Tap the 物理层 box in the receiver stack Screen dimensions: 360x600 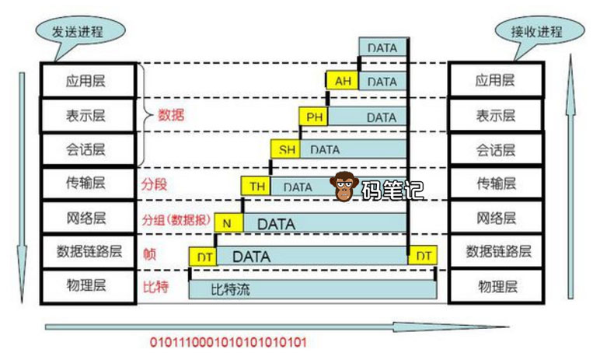pyautogui.click(x=498, y=286)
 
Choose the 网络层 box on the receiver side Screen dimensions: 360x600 pyautogui.click(x=498, y=217)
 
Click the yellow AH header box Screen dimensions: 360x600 pyautogui.click(x=344, y=81)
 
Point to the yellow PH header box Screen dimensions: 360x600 pyautogui.click(x=314, y=117)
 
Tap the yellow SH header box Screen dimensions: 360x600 pyautogui.click(x=285, y=150)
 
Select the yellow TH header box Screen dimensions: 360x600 pyautogui.click(x=256, y=187)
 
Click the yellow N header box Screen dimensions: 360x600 pyautogui.click(x=227, y=223)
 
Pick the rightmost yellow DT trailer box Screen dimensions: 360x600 pyautogui.click(x=424, y=255)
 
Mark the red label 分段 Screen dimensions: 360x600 pyautogui.click(x=155, y=186)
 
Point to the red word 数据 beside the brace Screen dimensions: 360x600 pyautogui.click(x=173, y=115)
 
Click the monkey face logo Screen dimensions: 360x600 pyautogui.click(x=344, y=186)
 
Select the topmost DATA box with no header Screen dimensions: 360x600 pyautogui.click(x=383, y=47)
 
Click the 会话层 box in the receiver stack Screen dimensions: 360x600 pyautogui.click(x=498, y=150)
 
